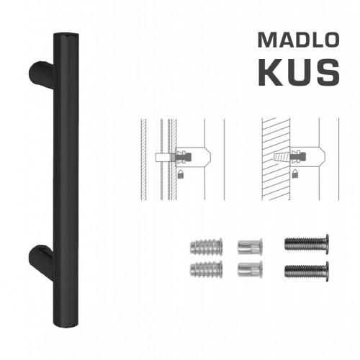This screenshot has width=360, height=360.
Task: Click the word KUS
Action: [x=296, y=72]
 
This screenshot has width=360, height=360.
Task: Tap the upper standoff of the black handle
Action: [x=40, y=73]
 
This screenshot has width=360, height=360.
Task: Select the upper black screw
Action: [x=307, y=243]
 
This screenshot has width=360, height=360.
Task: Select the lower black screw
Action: [x=307, y=271]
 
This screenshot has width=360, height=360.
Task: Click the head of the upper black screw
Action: [x=326, y=243]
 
